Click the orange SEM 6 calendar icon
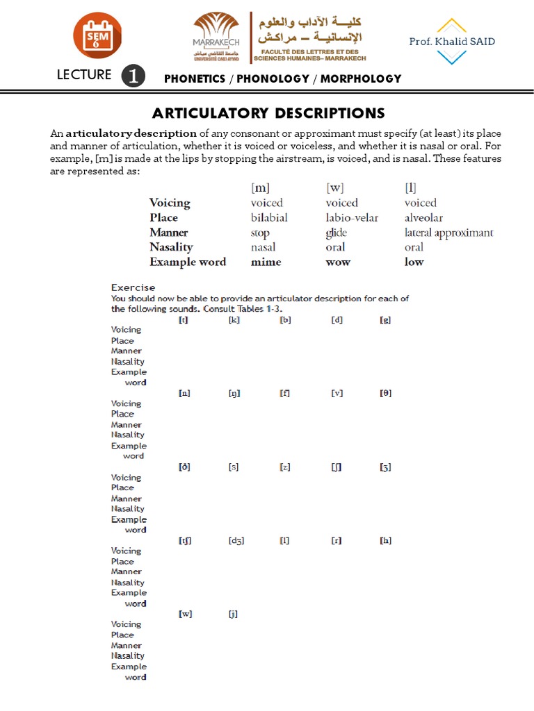[x=97, y=35]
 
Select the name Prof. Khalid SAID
[x=452, y=42]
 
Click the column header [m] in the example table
[x=261, y=187]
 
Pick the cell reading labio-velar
[x=352, y=217]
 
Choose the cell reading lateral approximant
[x=448, y=233]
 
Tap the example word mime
[x=266, y=262]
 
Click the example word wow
[x=338, y=262]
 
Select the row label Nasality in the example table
[x=171, y=247]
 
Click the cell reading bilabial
[x=269, y=217]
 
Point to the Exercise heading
[x=133, y=287]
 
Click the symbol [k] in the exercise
[x=234, y=319]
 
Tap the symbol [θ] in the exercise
[x=385, y=393]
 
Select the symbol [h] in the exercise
[x=385, y=540]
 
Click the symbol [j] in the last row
[x=234, y=614]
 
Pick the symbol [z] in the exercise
[x=285, y=467]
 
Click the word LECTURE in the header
[x=83, y=75]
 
